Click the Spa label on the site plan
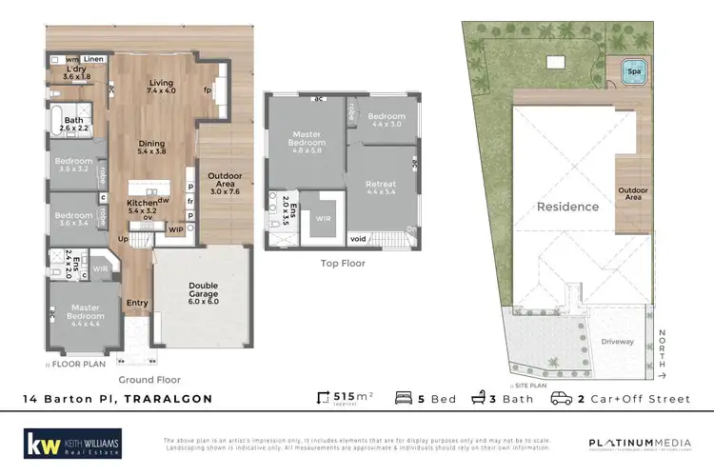tap(629, 70)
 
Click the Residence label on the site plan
tap(567, 207)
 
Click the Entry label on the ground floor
tap(137, 303)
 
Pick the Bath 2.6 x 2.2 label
tap(73, 124)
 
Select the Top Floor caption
tap(344, 264)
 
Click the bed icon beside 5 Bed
tap(403, 398)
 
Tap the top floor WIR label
tap(325, 219)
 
